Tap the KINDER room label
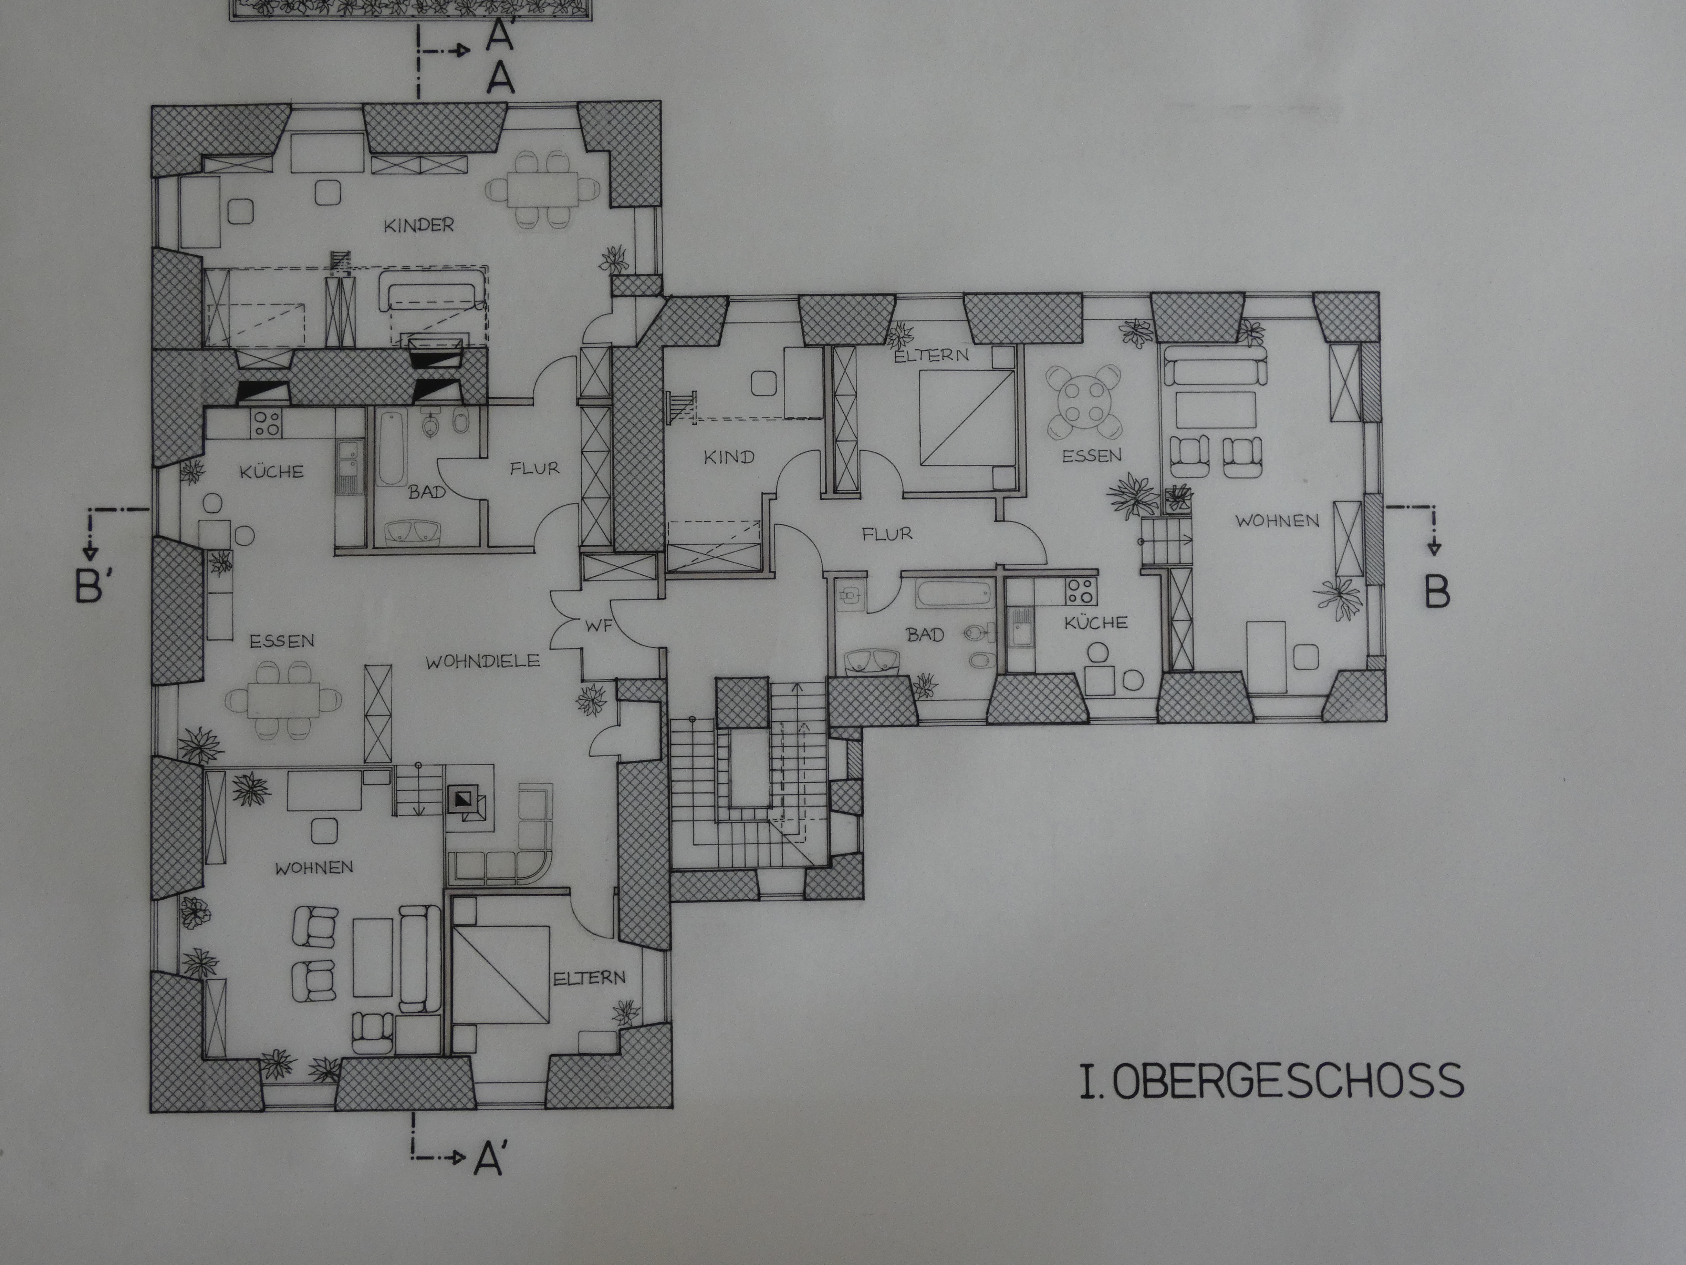click(419, 225)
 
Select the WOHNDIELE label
click(482, 661)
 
